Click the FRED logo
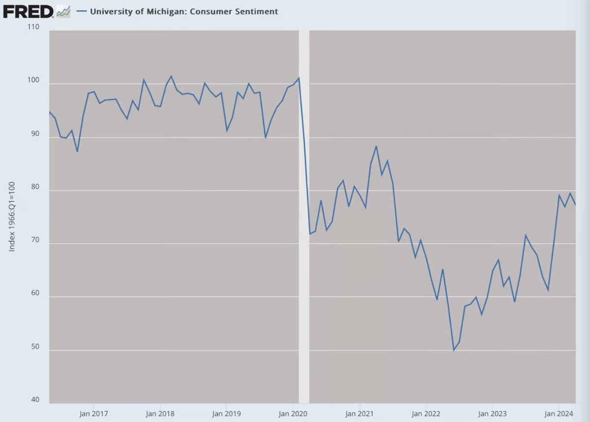[28, 11]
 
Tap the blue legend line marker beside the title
[82, 11]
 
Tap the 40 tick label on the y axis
[35, 400]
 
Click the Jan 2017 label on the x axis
[93, 413]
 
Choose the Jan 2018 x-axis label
[160, 413]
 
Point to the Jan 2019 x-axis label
[226, 413]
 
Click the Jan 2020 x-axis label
[293, 413]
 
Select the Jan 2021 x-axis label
[359, 413]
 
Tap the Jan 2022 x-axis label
[425, 413]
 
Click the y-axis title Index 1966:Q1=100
[12, 216]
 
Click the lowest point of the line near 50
[453, 350]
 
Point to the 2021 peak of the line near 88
[376, 146]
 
